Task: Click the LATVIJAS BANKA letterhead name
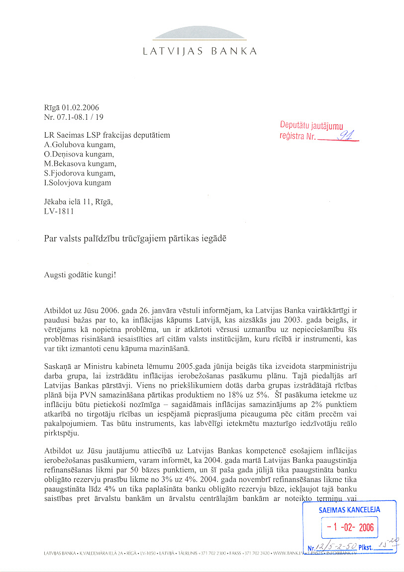click(x=200, y=51)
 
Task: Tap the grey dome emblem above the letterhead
click(x=200, y=33)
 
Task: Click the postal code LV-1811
click(x=59, y=211)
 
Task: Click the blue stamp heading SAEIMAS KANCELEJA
click(x=349, y=509)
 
